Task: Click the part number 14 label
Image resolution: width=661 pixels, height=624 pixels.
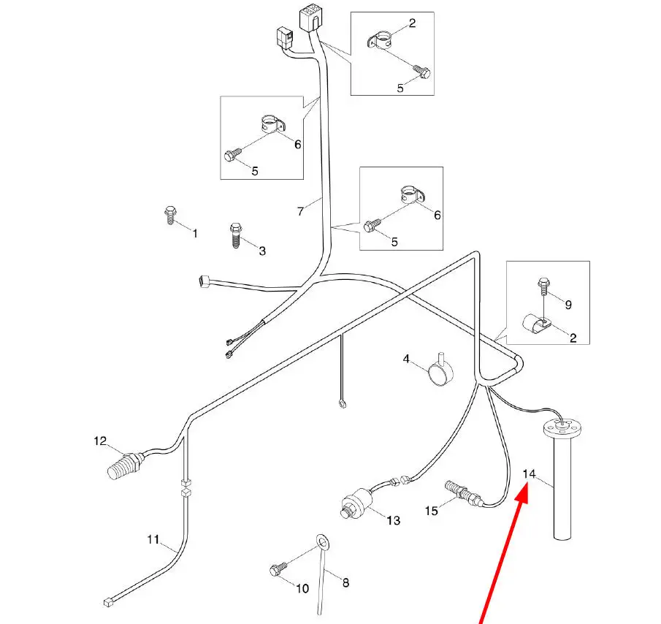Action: [x=530, y=474]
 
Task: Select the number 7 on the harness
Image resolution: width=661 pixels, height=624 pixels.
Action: [x=300, y=211]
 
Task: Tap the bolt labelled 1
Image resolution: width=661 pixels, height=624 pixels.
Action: [x=169, y=215]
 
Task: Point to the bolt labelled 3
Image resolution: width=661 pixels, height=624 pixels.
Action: [x=235, y=235]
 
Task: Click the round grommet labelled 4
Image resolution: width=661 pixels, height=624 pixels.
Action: [x=440, y=374]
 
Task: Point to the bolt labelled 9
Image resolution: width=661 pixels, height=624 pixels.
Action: [x=543, y=282]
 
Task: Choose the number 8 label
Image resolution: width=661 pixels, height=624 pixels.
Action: [x=345, y=583]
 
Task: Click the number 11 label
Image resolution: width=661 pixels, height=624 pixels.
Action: [x=153, y=540]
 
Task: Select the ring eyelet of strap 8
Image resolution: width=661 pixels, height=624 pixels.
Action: [x=321, y=541]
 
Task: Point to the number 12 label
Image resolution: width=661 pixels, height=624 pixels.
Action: [x=100, y=441]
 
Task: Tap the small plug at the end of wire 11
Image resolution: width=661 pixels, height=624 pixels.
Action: [x=107, y=602]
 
